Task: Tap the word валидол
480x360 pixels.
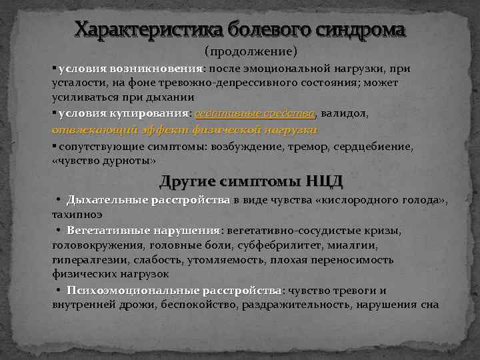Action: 345,114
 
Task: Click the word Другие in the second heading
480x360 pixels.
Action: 195,181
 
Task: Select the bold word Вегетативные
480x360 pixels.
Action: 108,231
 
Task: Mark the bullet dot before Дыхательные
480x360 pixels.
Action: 59,200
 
